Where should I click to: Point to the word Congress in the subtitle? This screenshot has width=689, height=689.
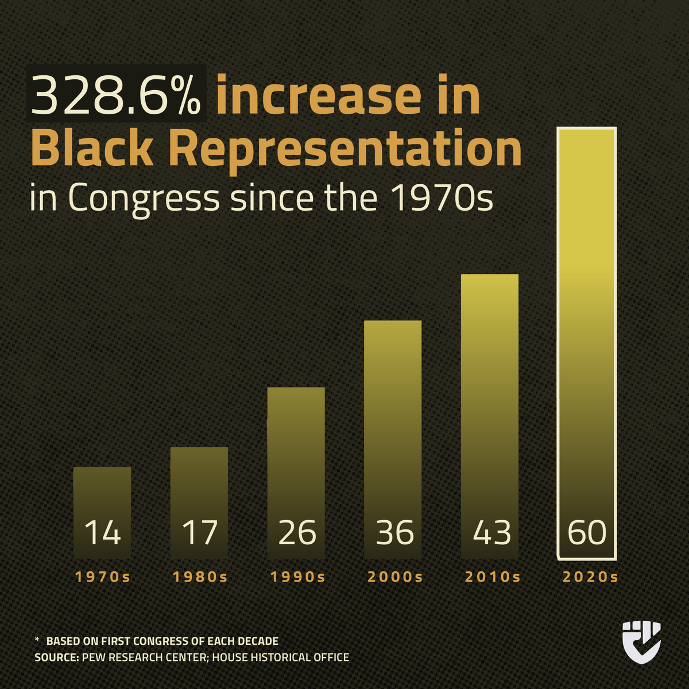(144, 198)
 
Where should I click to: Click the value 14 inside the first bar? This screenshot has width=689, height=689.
(102, 532)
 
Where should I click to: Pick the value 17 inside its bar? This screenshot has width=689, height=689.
(199, 532)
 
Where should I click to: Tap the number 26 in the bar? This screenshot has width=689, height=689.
(296, 532)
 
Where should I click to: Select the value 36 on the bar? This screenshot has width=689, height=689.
(394, 532)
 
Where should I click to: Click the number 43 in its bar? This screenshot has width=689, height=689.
(491, 532)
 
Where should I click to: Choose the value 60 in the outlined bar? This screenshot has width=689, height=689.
(587, 532)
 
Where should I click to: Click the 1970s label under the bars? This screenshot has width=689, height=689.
(103, 577)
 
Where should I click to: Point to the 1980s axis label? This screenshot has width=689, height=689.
(200, 577)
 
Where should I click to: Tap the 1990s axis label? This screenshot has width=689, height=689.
(297, 577)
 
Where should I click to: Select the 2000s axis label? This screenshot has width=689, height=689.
(394, 577)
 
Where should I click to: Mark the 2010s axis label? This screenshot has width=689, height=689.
(492, 577)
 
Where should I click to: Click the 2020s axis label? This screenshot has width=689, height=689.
(590, 577)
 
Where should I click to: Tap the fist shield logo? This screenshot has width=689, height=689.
(641, 641)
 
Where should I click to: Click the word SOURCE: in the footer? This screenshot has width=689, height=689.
(56, 657)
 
